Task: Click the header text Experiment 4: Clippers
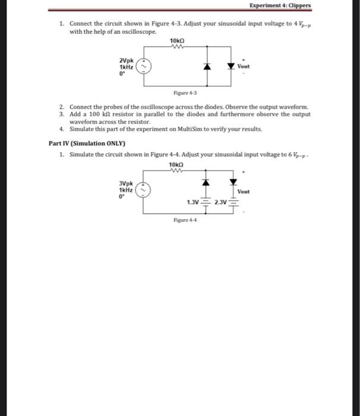[280, 7]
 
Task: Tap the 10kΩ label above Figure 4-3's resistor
[177, 40]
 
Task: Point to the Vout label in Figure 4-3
[244, 67]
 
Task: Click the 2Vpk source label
[126, 60]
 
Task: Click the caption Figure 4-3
[181, 93]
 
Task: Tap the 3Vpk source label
[126, 185]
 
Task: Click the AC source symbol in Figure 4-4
[145, 191]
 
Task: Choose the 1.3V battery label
[192, 203]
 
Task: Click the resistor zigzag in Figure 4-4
[177, 172]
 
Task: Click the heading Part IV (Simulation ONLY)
[86, 143]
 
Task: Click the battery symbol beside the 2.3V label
[232, 203]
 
